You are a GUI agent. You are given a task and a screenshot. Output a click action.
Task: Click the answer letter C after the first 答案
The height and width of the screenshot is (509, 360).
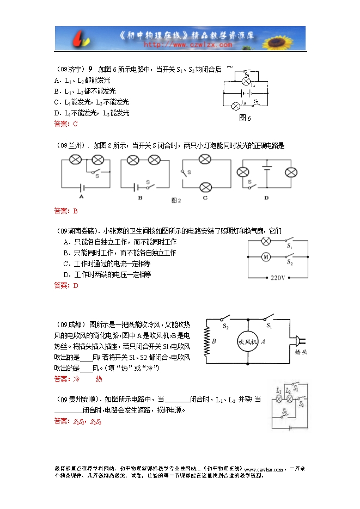pyautogui.click(x=75, y=124)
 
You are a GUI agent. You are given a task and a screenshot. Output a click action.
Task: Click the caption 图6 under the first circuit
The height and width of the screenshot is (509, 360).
pyautogui.click(x=245, y=118)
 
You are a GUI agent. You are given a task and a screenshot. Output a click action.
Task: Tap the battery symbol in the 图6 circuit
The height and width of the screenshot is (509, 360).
pyautogui.click(x=245, y=93)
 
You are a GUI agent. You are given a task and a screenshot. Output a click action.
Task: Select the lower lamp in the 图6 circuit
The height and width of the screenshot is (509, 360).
pyautogui.click(x=235, y=105)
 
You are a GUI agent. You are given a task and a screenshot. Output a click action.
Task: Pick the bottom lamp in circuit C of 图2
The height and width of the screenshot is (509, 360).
pyautogui.click(x=205, y=187)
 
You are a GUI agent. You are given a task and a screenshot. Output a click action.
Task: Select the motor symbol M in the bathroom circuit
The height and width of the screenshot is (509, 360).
pyautogui.click(x=266, y=256)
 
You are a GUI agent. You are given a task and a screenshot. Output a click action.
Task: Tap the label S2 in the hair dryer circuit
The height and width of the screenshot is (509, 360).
pyautogui.click(x=225, y=326)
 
